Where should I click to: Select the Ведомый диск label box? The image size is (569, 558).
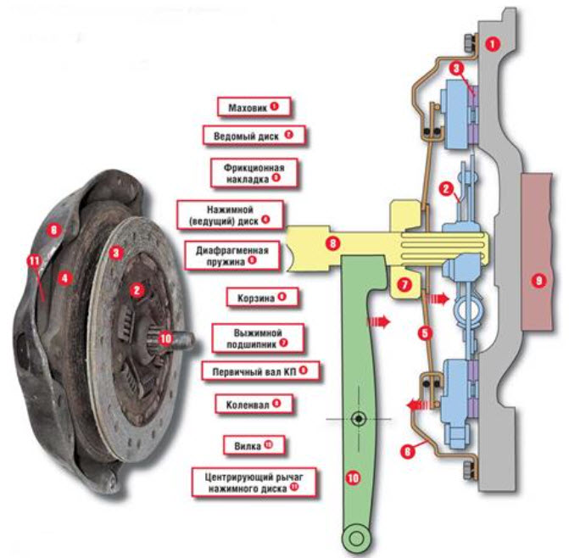point(252,135)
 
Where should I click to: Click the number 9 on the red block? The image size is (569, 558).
point(537,282)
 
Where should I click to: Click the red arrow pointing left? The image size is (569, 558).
point(415,408)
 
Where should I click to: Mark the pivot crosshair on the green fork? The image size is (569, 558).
point(359,419)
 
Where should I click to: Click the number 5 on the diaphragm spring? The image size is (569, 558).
point(425,333)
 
